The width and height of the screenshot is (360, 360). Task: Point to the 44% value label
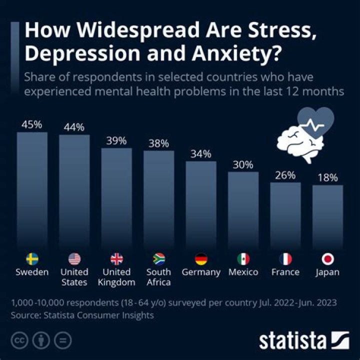(x=74, y=127)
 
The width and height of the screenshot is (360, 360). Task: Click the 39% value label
(x=116, y=140)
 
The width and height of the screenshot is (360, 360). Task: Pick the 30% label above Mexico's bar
(x=243, y=164)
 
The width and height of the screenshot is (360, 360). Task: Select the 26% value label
(x=285, y=175)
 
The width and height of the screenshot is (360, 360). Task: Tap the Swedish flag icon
(x=32, y=259)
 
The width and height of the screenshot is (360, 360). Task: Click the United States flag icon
(x=74, y=259)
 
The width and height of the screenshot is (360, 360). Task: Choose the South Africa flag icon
(x=158, y=259)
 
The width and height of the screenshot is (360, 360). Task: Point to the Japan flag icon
(x=328, y=259)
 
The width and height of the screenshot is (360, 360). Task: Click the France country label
(x=285, y=272)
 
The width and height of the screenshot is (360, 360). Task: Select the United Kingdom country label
(x=116, y=277)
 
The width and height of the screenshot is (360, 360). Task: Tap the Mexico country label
(x=243, y=272)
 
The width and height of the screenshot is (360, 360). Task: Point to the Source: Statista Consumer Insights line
(x=82, y=315)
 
